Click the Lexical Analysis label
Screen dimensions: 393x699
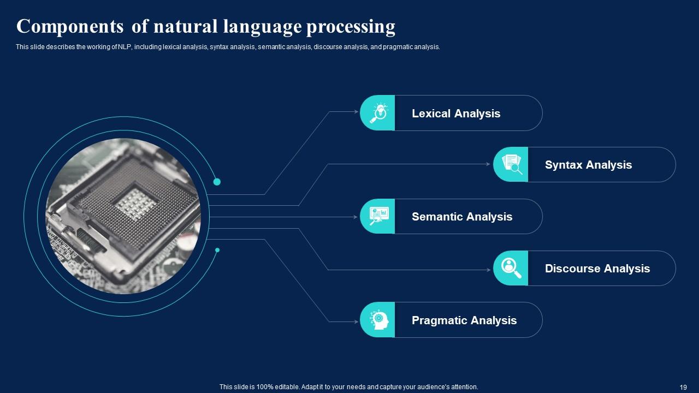[x=455, y=114]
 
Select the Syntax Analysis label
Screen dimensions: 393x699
[x=588, y=165]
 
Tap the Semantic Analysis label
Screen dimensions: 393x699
[x=461, y=217]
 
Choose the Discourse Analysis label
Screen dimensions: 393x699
[x=597, y=269]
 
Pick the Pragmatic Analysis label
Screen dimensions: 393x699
[x=464, y=320]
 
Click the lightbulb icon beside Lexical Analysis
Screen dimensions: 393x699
[x=378, y=113]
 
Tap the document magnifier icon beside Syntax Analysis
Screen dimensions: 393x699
[x=511, y=164]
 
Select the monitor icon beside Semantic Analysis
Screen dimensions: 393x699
[x=378, y=216]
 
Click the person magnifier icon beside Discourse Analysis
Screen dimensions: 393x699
[x=511, y=268]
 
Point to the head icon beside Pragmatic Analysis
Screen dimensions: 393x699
[x=378, y=320]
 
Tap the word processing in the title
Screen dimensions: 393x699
[x=351, y=26]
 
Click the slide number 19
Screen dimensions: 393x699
[x=683, y=387]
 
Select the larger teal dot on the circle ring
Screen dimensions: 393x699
[x=217, y=182]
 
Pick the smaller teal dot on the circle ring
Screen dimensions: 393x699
[x=217, y=250]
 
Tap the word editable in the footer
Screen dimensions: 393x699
[x=286, y=387]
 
